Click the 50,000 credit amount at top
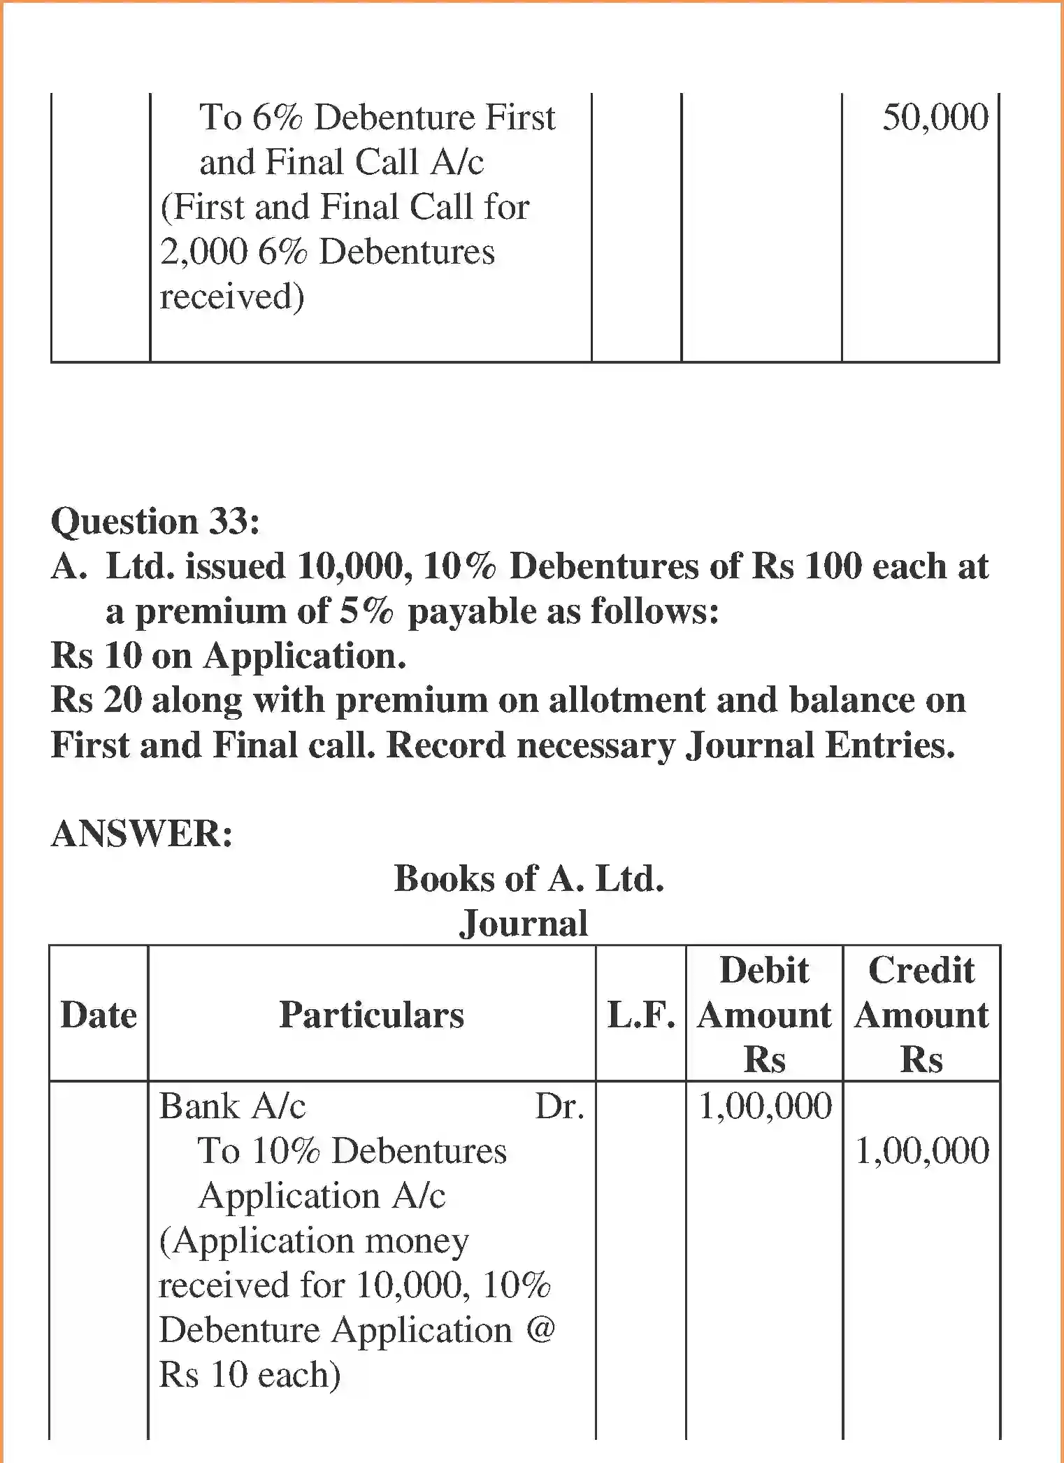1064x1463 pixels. click(935, 117)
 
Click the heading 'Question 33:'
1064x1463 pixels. click(155, 522)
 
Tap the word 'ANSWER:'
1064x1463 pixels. click(142, 834)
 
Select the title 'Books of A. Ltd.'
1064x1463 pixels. click(529, 878)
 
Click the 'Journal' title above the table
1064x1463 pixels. click(524, 923)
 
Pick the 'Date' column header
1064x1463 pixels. click(99, 1015)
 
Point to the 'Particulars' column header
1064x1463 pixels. click(371, 1015)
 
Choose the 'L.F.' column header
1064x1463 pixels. click(641, 1015)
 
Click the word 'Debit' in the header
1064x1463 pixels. click(764, 971)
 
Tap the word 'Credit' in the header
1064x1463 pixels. click(921, 971)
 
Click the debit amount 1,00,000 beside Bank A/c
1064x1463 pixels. click(765, 1106)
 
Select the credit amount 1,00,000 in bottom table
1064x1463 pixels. click(922, 1151)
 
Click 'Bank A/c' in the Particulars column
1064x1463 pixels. click(232, 1106)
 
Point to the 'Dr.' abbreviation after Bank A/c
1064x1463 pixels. click(559, 1106)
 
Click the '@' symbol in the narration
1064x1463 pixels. click(540, 1329)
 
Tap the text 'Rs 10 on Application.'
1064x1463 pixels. click(229, 656)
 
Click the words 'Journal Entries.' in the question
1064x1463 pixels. click(819, 745)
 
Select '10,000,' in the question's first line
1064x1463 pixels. click(352, 566)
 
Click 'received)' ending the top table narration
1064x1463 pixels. click(232, 297)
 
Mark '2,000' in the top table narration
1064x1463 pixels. click(203, 252)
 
